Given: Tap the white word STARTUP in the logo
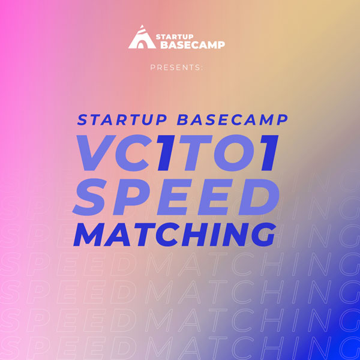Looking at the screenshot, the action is click(175, 37).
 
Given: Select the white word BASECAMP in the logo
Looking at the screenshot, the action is click(193, 45).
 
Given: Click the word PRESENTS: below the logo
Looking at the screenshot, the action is click(176, 67).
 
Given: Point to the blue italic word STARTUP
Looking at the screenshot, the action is click(122, 119).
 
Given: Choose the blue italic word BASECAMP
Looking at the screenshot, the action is click(232, 119).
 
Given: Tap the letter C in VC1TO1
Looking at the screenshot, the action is click(133, 152).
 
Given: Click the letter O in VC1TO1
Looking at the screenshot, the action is click(235, 152).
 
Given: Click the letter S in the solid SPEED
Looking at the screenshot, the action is click(90, 197).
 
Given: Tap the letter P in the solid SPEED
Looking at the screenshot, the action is click(128, 197).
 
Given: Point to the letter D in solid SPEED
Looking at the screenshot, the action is click(259, 197).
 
